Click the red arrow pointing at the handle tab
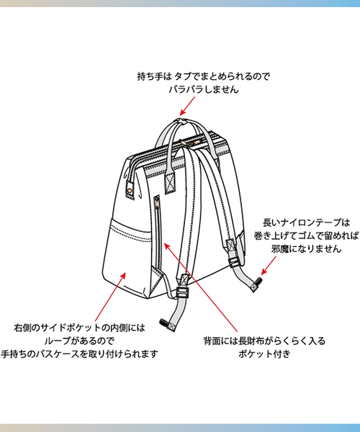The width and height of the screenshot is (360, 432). tap(187, 106)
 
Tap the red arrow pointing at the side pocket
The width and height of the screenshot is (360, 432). tap(110, 297)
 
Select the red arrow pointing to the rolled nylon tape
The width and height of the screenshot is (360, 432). tap(269, 265)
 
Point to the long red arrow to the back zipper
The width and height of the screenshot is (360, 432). tap(201, 287)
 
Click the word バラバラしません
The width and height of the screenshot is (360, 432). tap(204, 89)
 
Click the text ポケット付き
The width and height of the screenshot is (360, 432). tap(264, 354)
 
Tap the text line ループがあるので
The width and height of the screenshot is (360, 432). tap(79, 341)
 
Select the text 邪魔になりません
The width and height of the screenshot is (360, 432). tap(306, 249)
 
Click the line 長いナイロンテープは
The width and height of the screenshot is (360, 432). tap(306, 222)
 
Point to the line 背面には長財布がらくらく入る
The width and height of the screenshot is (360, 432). tap(264, 341)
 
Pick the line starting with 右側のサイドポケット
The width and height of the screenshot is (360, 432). tap(79, 328)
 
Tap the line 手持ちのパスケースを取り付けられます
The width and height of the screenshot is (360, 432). tap(79, 354)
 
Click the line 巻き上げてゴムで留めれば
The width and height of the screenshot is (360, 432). tap(306, 235)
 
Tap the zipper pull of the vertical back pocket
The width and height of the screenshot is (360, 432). tap(157, 202)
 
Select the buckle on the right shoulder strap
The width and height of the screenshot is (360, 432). tap(234, 262)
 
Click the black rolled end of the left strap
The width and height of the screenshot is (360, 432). tap(164, 323)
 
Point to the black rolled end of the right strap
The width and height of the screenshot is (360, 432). tap(258, 281)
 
